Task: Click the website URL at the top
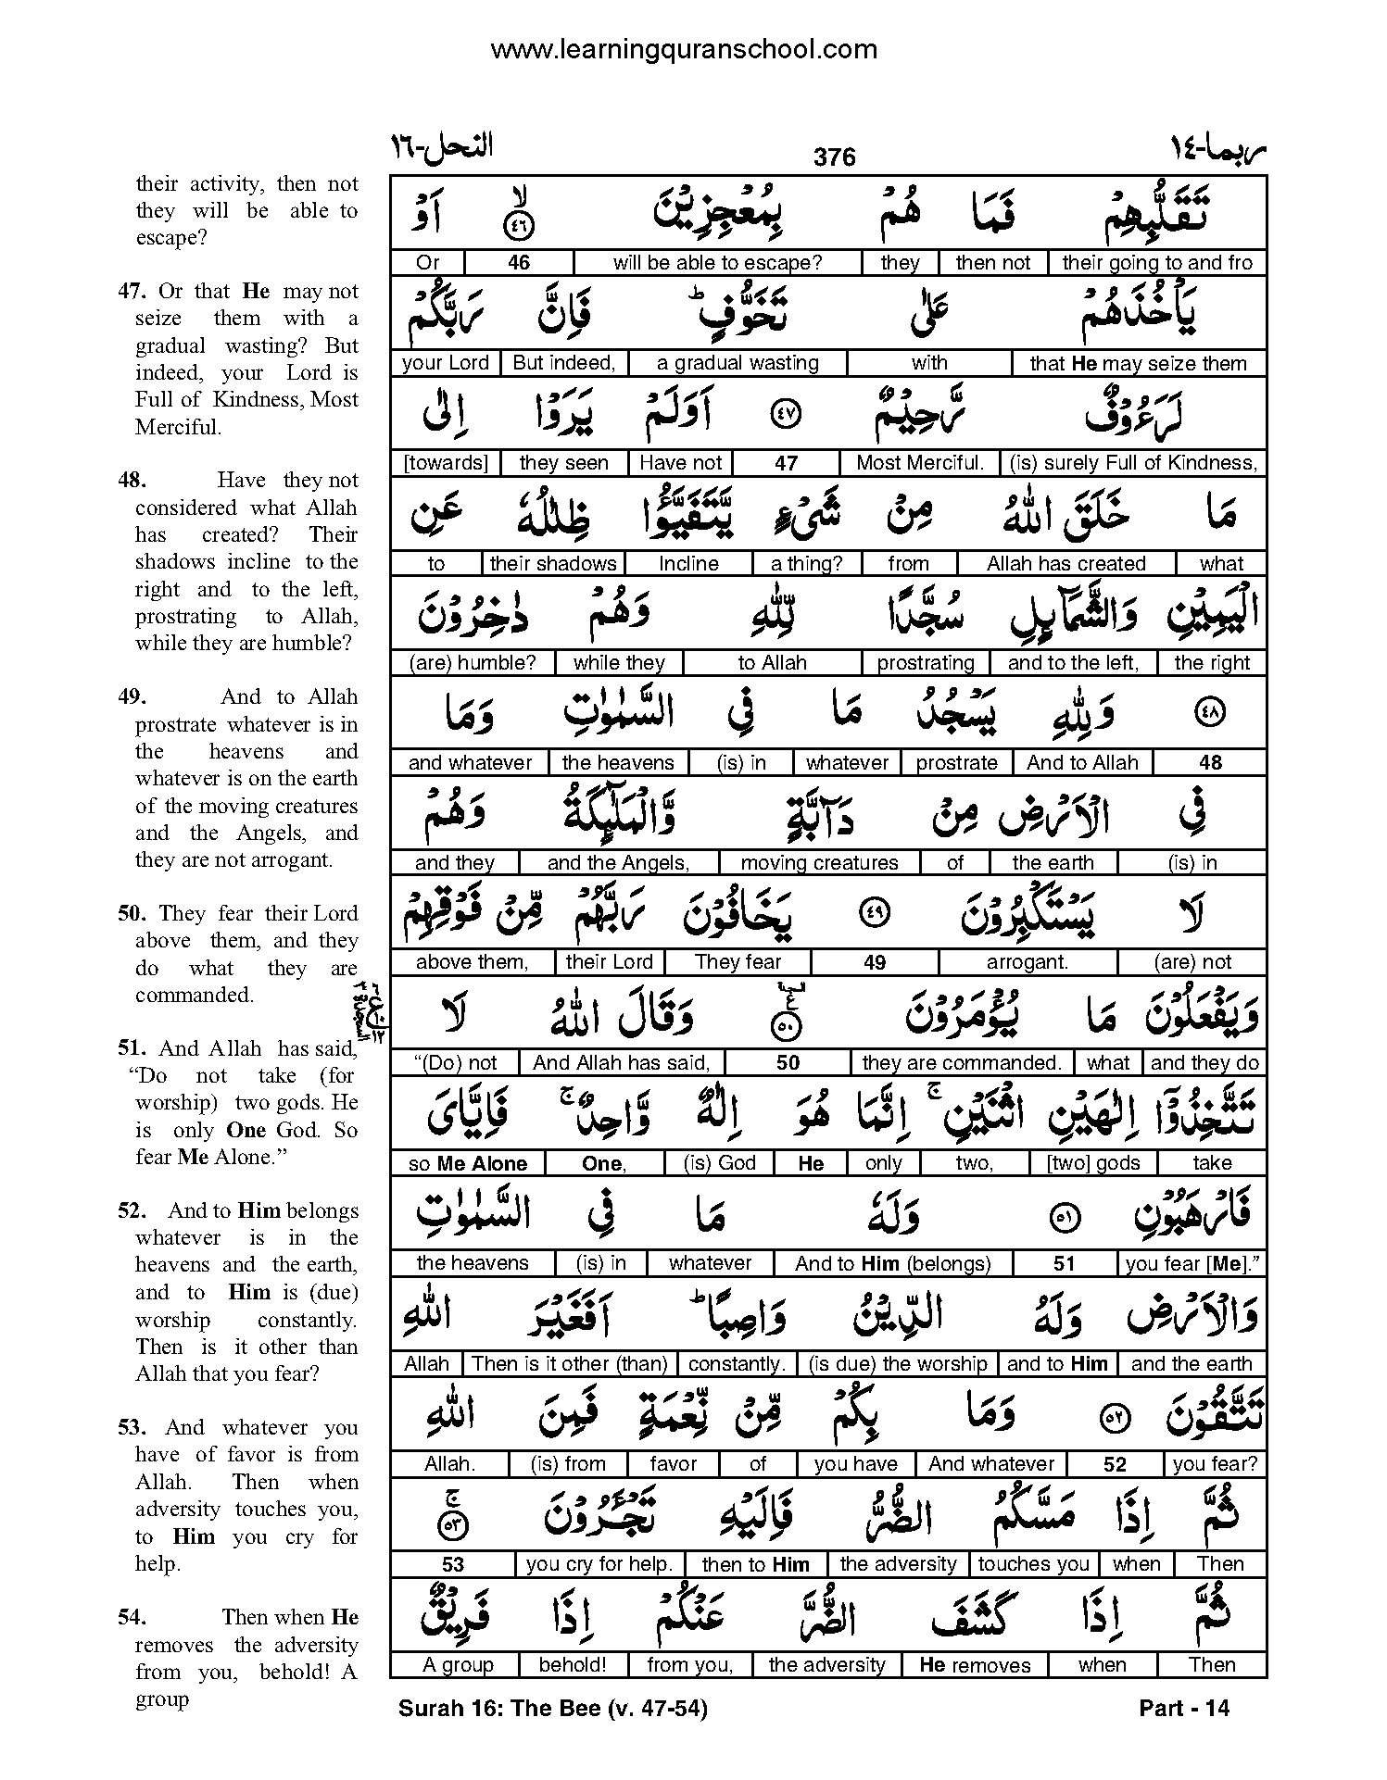coord(683,49)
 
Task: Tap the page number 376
coord(834,157)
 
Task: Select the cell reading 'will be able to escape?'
coord(717,263)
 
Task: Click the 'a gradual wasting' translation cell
coord(738,363)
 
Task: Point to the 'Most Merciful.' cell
coord(919,463)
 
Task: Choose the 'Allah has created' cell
coord(1065,563)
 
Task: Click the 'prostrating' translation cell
coord(926,663)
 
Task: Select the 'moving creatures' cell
coord(819,863)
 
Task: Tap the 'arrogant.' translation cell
coord(1027,962)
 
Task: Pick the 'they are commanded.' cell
coord(961,1063)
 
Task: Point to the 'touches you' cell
coord(1033,1564)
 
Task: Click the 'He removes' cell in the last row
coord(975,1664)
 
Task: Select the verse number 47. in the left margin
coord(131,292)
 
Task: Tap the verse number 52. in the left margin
coord(131,1211)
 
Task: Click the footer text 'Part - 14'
coord(1183,1708)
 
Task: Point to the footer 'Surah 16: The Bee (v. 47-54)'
coord(552,1708)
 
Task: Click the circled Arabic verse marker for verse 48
coord(1211,711)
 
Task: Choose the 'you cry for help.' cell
coord(599,1564)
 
